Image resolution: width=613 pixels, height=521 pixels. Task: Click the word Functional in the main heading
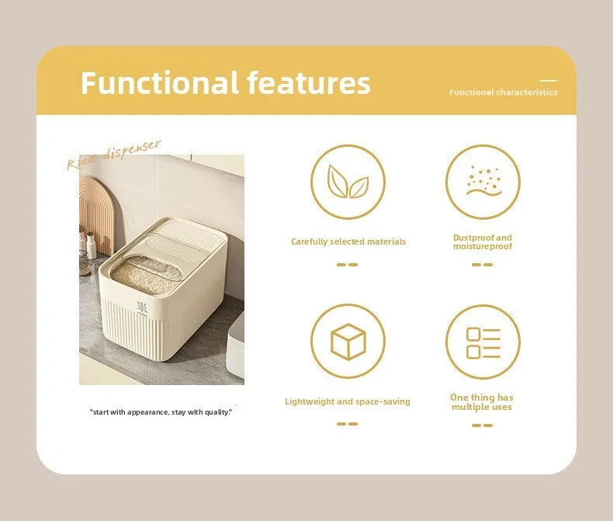click(x=160, y=82)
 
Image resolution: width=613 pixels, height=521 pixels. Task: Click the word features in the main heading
click(x=309, y=82)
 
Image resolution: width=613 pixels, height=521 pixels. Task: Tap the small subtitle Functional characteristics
click(x=503, y=92)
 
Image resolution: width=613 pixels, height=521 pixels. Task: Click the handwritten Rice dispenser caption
click(x=113, y=154)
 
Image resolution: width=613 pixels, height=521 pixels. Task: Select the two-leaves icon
click(x=348, y=182)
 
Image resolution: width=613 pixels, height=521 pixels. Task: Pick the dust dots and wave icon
click(x=483, y=181)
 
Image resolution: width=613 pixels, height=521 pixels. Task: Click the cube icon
click(x=348, y=342)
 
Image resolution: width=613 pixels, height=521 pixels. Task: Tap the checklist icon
click(x=483, y=343)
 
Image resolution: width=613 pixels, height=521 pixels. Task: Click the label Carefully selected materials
click(x=348, y=241)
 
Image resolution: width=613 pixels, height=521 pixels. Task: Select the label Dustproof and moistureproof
click(x=483, y=242)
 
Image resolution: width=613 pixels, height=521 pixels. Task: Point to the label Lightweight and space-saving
click(x=348, y=401)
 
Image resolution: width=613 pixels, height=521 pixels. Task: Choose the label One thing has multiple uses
click(x=482, y=402)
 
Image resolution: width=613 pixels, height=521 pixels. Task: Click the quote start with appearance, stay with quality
click(x=161, y=412)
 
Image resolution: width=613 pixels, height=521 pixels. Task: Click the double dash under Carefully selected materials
click(x=347, y=265)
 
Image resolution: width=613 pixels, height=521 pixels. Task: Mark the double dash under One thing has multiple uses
click(x=482, y=425)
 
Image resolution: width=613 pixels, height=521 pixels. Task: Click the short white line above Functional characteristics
click(x=548, y=81)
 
